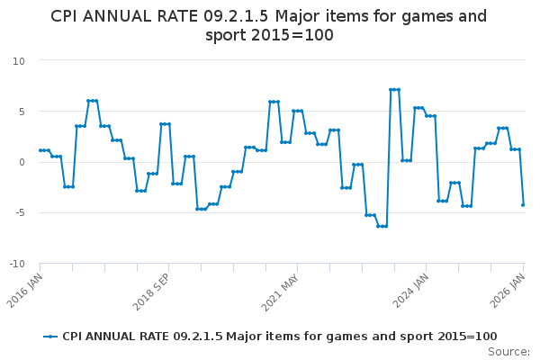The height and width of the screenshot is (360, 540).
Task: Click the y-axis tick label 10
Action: [19, 60]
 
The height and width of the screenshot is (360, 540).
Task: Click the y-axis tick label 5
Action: [22, 112]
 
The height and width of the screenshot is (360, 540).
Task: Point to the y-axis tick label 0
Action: [22, 162]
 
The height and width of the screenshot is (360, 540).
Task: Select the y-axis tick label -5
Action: [20, 213]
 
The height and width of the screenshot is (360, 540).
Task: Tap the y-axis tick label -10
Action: [17, 264]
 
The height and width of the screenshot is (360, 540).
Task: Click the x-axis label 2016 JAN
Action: [27, 288]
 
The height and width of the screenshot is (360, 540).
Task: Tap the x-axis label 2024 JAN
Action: [413, 289]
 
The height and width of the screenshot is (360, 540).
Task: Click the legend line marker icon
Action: [50, 337]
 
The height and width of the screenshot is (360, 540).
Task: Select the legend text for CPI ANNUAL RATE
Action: [279, 337]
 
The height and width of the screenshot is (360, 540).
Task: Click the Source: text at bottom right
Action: [508, 351]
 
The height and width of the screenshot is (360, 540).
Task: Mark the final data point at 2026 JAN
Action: [523, 204]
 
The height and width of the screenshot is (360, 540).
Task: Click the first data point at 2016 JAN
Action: [40, 150]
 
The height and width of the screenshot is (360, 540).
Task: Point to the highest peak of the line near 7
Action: [394, 90]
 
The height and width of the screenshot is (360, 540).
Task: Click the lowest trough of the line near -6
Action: [382, 226]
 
